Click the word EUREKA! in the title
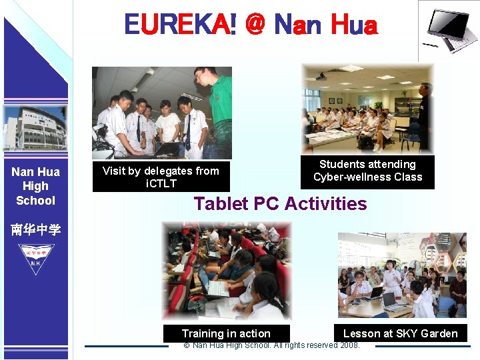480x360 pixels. [179, 25]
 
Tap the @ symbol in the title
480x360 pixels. [255, 25]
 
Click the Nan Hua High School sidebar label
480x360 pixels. [35, 186]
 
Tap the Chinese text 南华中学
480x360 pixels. [35, 230]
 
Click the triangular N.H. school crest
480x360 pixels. [35, 257]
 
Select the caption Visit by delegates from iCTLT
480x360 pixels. [161, 177]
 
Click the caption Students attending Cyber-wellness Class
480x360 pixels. [367, 171]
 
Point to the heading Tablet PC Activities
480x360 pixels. [280, 203]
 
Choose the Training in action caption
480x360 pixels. [226, 333]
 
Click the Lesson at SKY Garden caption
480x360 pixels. [400, 333]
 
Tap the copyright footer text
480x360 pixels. [271, 345]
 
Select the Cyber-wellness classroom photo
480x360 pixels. [367, 109]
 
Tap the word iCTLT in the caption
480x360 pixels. [161, 183]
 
